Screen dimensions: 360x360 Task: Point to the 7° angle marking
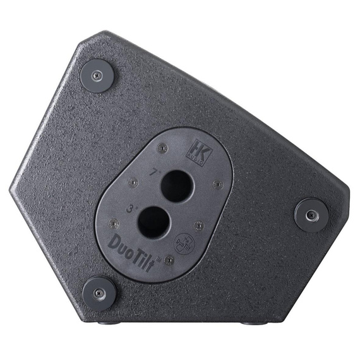(153, 172)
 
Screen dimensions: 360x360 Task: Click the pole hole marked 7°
(176, 186)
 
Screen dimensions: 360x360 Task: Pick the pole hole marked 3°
(153, 222)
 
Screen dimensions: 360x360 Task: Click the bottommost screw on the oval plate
(169, 260)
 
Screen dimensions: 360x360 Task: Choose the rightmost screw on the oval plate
(218, 184)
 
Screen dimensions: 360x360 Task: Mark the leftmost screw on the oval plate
(114, 223)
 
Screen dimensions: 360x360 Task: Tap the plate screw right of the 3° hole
(198, 225)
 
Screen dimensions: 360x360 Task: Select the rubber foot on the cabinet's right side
(311, 215)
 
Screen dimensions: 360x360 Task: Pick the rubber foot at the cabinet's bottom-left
(99, 292)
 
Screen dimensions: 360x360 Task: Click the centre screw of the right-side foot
(311, 215)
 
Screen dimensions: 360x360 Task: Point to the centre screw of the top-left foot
(97, 75)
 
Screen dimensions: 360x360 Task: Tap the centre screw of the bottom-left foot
(99, 292)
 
